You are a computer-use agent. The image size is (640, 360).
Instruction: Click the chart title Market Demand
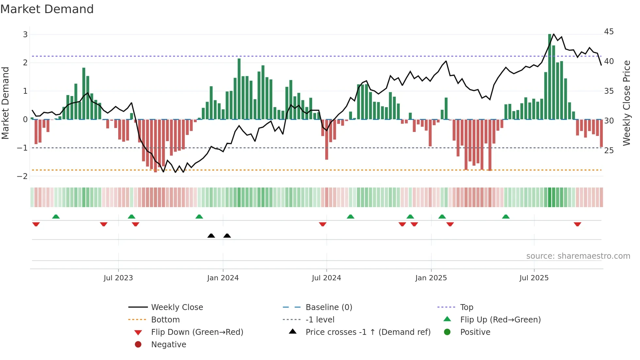tap(47, 9)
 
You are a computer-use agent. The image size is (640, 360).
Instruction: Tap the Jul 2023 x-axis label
tap(118, 278)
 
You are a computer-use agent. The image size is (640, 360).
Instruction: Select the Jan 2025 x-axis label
tap(431, 278)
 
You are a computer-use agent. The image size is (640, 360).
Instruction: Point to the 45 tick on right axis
tap(609, 32)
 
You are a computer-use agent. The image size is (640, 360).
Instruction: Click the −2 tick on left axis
tap(23, 176)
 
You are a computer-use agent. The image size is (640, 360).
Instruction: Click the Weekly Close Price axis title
tap(626, 103)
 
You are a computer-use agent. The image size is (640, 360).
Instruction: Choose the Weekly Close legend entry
tap(177, 307)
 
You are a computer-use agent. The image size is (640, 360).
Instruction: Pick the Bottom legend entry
tap(165, 320)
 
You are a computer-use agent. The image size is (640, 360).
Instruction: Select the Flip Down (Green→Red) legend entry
tap(197, 332)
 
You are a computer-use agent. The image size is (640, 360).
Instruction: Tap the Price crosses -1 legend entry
tap(368, 332)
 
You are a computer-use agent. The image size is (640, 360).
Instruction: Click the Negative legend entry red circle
tap(138, 345)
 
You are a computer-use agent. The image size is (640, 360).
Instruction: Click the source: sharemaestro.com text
tap(578, 256)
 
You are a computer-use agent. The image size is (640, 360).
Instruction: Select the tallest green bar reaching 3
tap(550, 77)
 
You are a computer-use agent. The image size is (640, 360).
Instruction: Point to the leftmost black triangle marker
tap(211, 236)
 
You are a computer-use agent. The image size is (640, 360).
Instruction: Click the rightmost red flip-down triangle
tap(577, 224)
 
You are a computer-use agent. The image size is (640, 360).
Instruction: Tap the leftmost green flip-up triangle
tap(56, 217)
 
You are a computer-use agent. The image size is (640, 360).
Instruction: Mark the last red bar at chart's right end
tap(601, 133)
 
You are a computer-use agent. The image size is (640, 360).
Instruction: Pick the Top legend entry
tap(466, 307)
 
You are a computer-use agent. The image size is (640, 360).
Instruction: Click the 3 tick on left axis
tap(25, 35)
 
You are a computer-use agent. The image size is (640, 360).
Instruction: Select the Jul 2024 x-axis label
tap(326, 278)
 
